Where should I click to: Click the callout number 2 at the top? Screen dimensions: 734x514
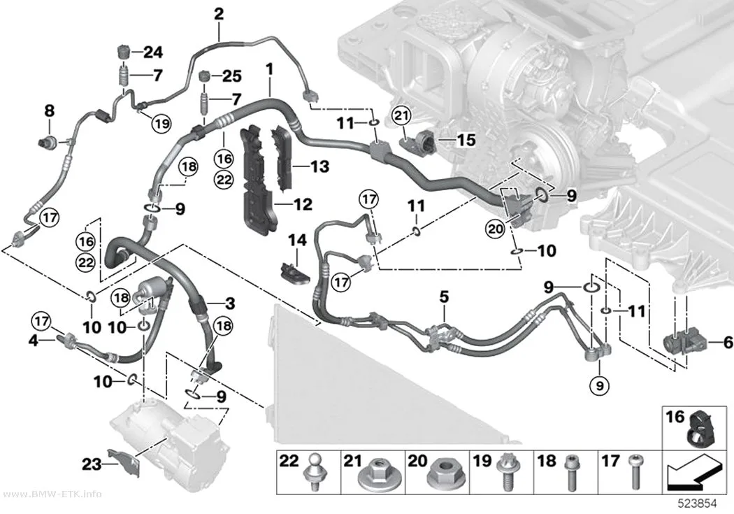(219, 14)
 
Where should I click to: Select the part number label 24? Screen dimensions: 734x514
(152, 52)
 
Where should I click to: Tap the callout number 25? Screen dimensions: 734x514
(231, 76)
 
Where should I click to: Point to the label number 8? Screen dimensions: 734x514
(49, 111)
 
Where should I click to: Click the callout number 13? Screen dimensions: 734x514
(320, 166)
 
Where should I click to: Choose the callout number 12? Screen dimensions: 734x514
(303, 204)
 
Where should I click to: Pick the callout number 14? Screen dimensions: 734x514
(297, 240)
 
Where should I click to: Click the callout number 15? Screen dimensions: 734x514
(466, 139)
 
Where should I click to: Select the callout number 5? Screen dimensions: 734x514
(444, 297)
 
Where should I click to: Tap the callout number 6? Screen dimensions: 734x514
(728, 342)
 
